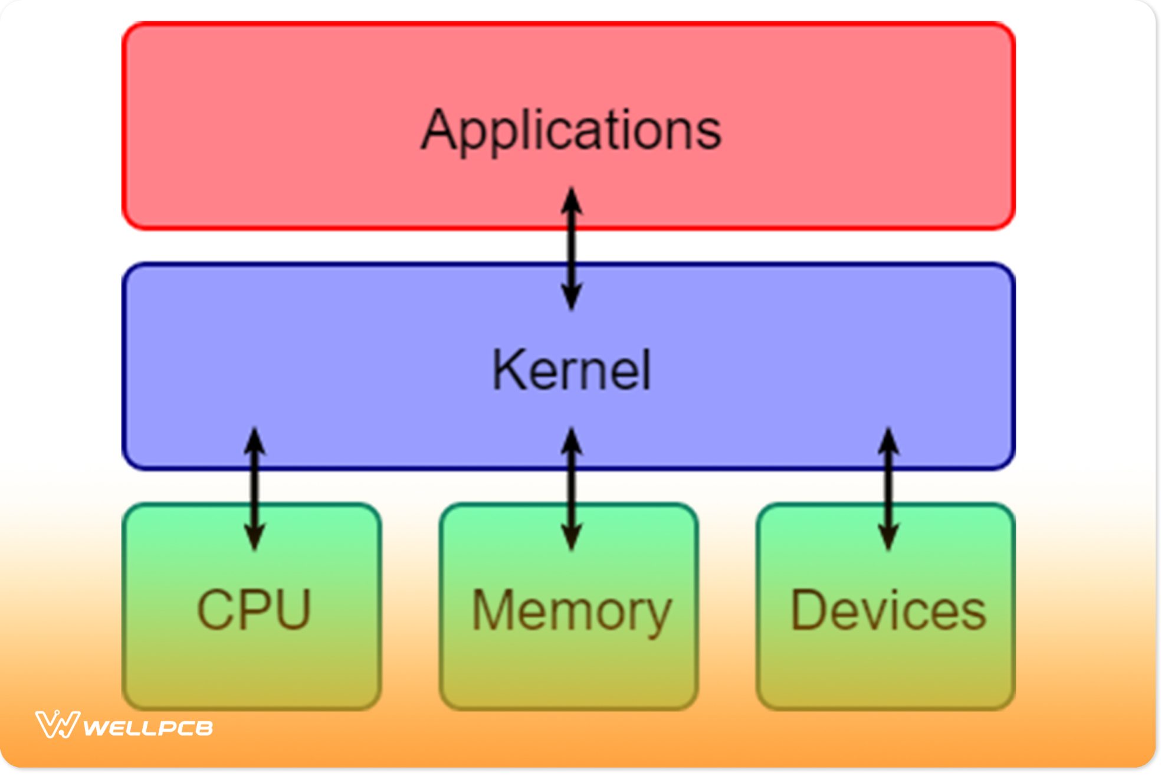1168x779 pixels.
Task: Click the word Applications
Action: (x=571, y=130)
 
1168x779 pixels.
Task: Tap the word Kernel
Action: (x=571, y=370)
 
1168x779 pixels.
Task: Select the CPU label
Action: (x=254, y=610)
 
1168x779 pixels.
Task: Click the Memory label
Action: (x=571, y=611)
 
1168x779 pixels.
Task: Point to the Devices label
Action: (x=888, y=611)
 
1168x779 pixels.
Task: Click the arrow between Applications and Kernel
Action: (x=571, y=248)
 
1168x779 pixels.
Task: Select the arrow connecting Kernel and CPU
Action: (x=254, y=489)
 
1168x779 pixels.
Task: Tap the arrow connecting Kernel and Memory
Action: (x=571, y=489)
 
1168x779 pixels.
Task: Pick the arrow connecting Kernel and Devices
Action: (x=888, y=489)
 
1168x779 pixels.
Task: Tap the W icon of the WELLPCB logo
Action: (x=57, y=725)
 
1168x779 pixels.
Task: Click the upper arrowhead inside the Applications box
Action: (x=571, y=201)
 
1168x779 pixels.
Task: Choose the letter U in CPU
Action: (x=292, y=610)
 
